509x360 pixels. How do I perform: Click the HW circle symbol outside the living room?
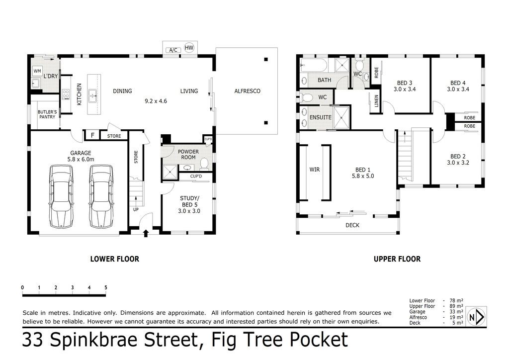click(189, 48)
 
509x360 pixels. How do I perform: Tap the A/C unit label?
click(173, 50)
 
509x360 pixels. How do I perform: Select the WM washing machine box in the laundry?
click(37, 71)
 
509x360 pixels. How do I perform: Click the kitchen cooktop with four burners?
click(66, 94)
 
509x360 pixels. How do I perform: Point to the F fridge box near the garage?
click(92, 135)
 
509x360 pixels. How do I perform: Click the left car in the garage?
click(61, 196)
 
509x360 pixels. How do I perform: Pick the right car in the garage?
click(101, 196)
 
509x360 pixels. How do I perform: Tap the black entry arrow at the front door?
click(146, 233)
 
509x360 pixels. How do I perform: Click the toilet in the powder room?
click(203, 164)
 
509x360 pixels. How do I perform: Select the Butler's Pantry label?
click(47, 114)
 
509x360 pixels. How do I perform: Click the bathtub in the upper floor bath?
click(314, 65)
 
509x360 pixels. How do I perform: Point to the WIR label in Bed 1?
click(315, 170)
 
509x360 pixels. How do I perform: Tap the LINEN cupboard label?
click(376, 101)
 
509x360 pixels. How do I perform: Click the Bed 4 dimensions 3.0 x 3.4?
click(458, 90)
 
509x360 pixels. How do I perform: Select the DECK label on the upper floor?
click(352, 225)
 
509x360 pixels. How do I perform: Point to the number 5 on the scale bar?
click(106, 287)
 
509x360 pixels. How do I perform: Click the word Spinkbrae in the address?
click(96, 340)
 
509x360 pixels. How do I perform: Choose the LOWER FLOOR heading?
click(115, 259)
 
